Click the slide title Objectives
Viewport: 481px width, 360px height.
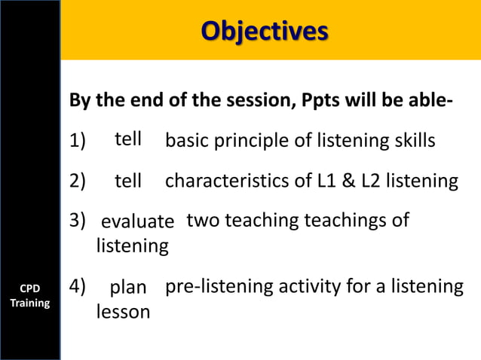265,31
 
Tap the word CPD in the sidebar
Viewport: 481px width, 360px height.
29,288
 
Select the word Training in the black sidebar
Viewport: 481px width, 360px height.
29,303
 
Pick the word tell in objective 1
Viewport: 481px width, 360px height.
128,139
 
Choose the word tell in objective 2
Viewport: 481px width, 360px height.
128,181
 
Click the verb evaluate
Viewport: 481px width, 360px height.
137,221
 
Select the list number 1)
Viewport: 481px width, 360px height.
78,141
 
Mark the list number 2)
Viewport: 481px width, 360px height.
78,181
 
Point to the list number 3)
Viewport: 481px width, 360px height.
78,221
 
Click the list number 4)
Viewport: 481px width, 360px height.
78,286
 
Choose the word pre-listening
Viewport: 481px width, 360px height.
219,286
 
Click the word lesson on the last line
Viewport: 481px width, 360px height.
123,312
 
